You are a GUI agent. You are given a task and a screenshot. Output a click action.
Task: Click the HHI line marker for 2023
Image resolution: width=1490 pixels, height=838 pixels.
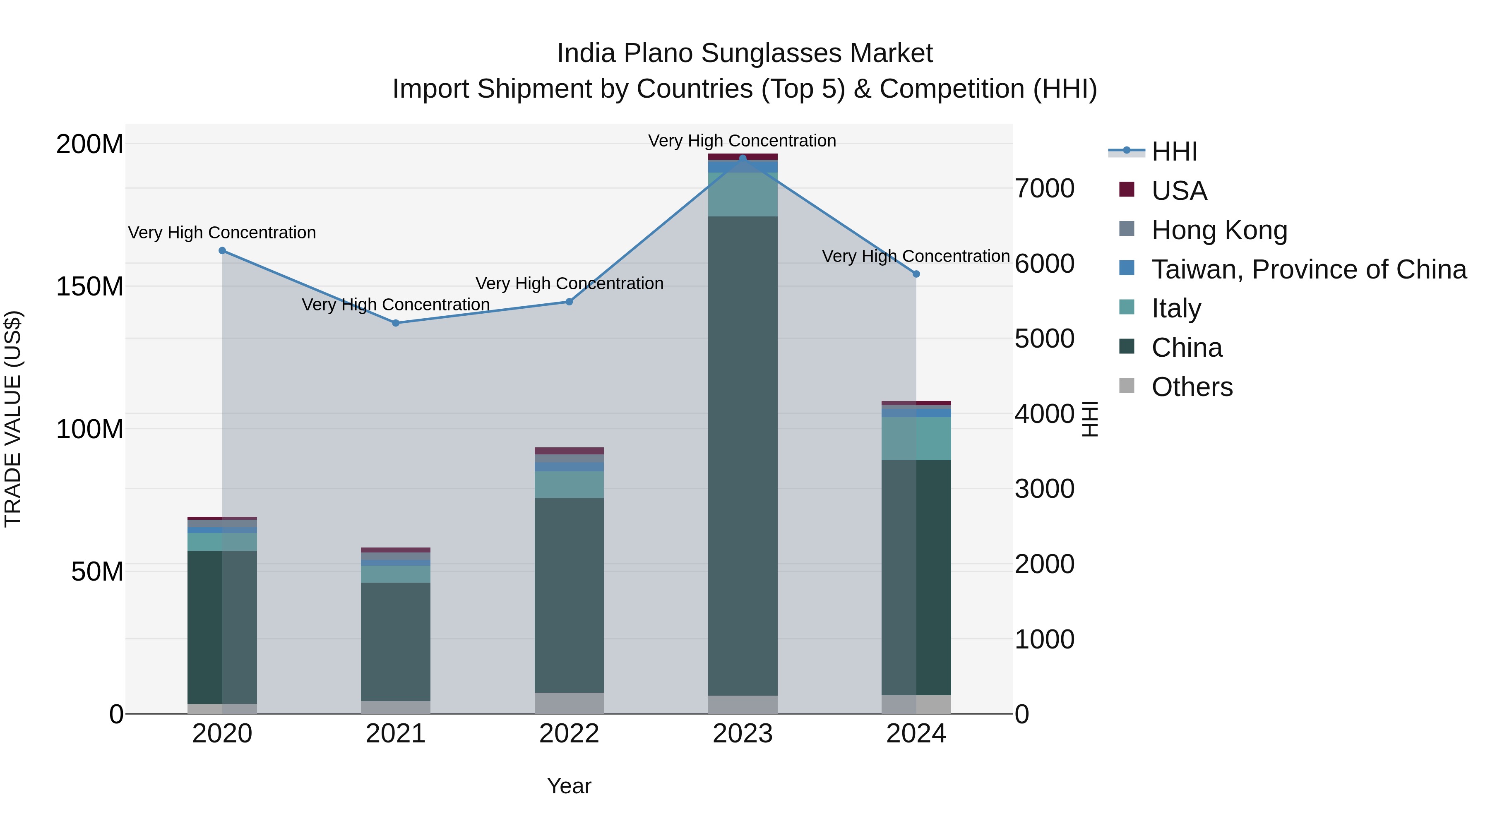click(x=743, y=158)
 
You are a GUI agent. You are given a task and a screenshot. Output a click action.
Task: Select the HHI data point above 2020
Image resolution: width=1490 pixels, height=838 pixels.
click(x=222, y=250)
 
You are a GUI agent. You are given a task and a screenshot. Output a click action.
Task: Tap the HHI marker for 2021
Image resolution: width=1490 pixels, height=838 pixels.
click(x=396, y=323)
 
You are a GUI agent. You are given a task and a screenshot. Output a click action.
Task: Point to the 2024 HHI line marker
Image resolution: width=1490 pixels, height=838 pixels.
click(x=916, y=274)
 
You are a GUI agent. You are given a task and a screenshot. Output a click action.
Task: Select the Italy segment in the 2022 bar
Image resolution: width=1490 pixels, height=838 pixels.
click(x=569, y=484)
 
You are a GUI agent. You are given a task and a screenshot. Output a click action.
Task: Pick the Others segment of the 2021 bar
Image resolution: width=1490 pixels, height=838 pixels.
click(x=396, y=707)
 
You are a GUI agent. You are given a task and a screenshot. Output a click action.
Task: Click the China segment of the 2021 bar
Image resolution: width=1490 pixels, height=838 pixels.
click(x=396, y=641)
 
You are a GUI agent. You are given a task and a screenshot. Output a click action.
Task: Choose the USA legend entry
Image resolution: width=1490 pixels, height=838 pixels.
click(x=1179, y=191)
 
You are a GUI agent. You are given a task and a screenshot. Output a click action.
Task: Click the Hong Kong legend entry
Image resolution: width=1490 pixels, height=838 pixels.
click(x=1219, y=230)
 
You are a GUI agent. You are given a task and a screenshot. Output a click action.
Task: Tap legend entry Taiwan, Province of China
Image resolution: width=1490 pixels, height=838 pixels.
click(x=1308, y=269)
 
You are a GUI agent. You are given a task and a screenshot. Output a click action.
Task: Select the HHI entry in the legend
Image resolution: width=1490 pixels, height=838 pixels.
click(x=1174, y=151)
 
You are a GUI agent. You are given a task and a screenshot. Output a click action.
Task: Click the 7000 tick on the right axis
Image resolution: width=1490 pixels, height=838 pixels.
click(x=1045, y=189)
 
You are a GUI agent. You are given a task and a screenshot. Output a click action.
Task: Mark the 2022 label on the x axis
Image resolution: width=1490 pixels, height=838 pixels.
click(x=569, y=734)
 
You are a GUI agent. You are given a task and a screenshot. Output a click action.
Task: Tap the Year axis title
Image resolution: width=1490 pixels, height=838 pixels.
click(x=569, y=786)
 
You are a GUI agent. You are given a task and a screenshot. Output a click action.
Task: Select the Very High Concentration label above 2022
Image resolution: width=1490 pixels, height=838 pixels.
click(x=569, y=283)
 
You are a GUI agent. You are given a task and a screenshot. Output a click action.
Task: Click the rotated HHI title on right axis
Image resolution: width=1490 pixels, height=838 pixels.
click(x=1090, y=419)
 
